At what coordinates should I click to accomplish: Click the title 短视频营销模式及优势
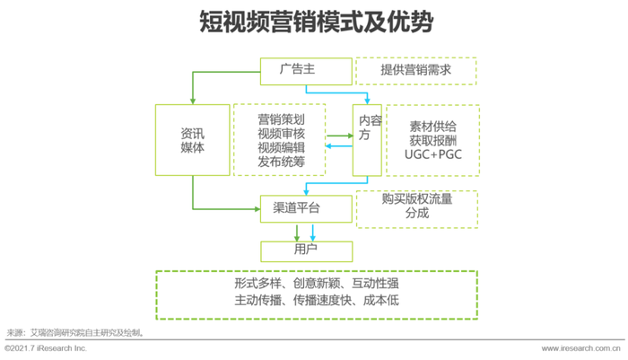click(317, 22)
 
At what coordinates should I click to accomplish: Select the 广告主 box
click(307, 71)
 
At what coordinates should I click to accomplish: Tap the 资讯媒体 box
click(193, 140)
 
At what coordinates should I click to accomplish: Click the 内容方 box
click(367, 140)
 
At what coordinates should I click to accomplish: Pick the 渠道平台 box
click(307, 209)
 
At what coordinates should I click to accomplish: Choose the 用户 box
click(307, 251)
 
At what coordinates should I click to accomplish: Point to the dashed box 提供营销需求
click(416, 71)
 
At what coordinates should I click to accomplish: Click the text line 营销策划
click(281, 119)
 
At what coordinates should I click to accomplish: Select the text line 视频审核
click(281, 134)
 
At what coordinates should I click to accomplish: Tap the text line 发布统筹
click(281, 162)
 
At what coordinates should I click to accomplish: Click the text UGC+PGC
click(433, 154)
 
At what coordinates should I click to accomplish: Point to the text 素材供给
click(433, 127)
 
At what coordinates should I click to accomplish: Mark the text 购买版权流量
click(417, 198)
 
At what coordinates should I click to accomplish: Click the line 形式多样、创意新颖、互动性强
click(317, 284)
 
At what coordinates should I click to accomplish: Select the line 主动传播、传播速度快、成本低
click(317, 300)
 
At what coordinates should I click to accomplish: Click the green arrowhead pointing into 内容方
click(350, 136)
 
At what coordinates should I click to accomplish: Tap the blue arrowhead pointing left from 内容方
click(328, 146)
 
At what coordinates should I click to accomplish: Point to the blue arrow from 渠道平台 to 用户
click(313, 233)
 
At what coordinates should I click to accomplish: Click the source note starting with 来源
click(75, 333)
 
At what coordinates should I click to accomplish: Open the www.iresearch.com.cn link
click(580, 348)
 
